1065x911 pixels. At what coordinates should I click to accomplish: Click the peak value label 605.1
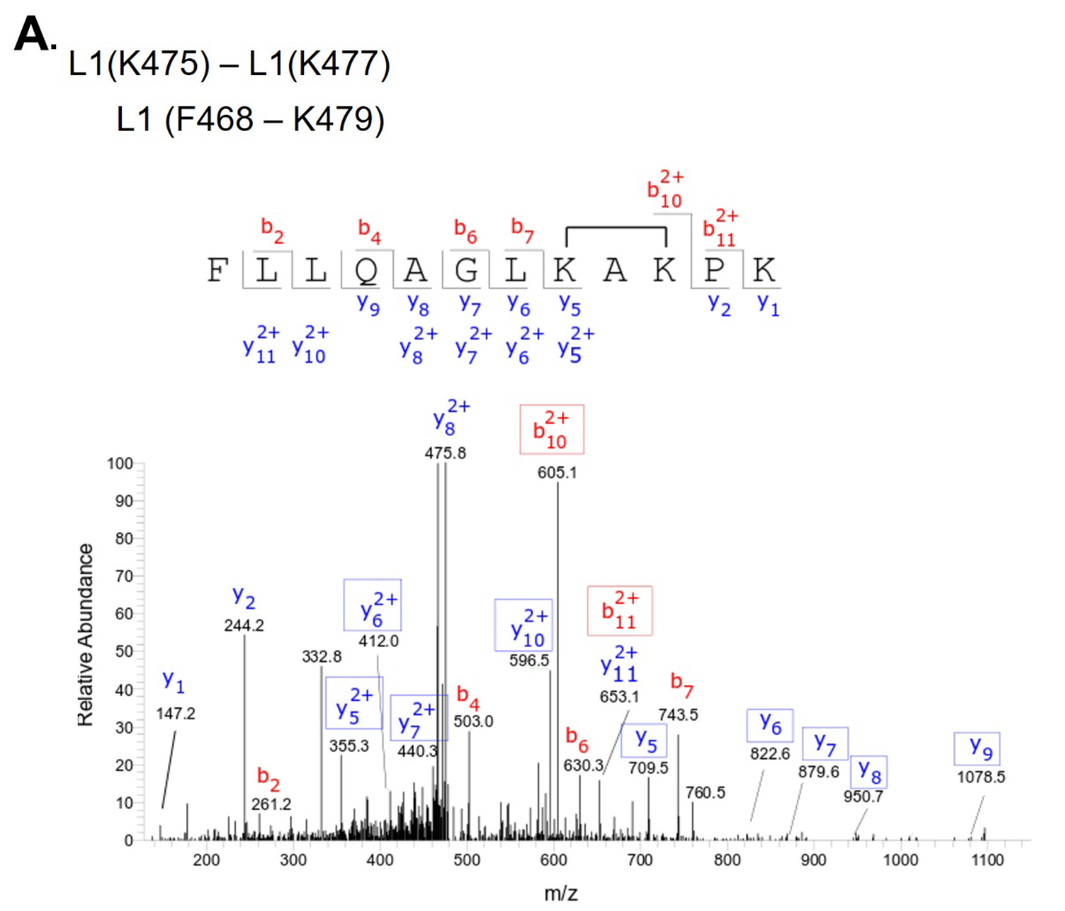click(557, 473)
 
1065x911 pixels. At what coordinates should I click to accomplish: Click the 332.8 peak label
click(322, 657)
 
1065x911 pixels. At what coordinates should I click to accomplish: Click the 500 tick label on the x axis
click(467, 860)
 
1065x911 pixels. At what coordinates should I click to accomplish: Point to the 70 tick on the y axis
click(123, 576)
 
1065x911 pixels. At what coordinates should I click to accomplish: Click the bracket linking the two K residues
click(616, 229)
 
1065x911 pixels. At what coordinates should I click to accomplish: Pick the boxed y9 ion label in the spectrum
click(977, 749)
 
